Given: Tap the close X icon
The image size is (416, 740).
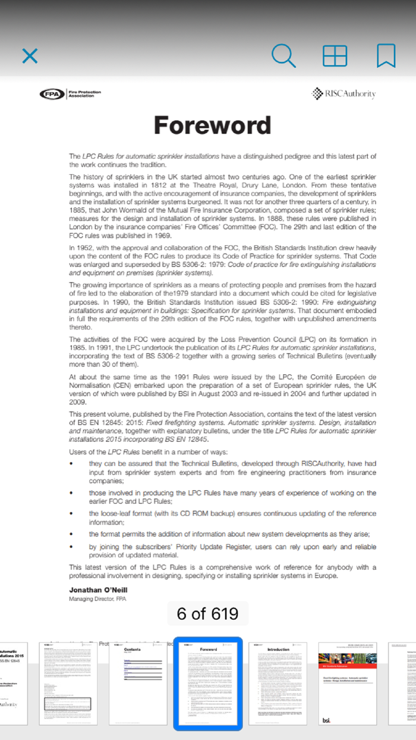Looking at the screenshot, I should pyautogui.click(x=30, y=56).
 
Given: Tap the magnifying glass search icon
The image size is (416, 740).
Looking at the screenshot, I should pyautogui.click(x=283, y=56).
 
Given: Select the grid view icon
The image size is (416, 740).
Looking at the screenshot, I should pyautogui.click(x=335, y=56).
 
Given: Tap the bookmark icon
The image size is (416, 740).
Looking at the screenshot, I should pyautogui.click(x=386, y=56).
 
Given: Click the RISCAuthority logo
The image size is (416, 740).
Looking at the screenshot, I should pyautogui.click(x=344, y=93).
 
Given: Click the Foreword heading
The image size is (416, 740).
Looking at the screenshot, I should pyautogui.click(x=212, y=126).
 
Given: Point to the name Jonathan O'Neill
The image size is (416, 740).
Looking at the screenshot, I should pyautogui.click(x=98, y=590).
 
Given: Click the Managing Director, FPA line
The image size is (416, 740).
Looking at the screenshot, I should pyautogui.click(x=97, y=599).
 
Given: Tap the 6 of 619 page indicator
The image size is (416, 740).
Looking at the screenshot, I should pyautogui.click(x=207, y=613).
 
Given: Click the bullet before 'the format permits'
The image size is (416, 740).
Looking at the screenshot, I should pyautogui.click(x=72, y=534).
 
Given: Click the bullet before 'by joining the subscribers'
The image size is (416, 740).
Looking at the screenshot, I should pyautogui.click(x=72, y=547).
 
